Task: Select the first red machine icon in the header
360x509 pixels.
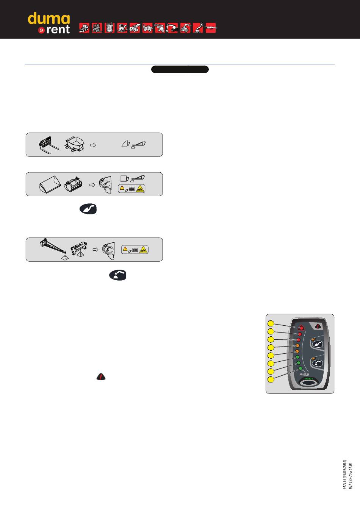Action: click(84, 28)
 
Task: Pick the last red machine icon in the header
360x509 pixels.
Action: click(211, 28)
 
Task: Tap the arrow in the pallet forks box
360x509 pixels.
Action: click(93, 145)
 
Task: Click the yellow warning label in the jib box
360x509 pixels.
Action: click(135, 249)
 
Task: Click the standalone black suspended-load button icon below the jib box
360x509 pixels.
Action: click(118, 275)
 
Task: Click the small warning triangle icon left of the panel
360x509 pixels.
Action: click(101, 376)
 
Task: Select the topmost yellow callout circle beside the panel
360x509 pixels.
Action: click(271, 323)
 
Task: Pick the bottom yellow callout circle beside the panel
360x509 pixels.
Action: click(271, 379)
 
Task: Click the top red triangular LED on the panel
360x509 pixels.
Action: click(302, 328)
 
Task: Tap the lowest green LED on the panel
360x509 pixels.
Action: click(300, 368)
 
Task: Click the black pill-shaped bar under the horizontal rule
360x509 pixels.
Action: click(180, 69)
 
